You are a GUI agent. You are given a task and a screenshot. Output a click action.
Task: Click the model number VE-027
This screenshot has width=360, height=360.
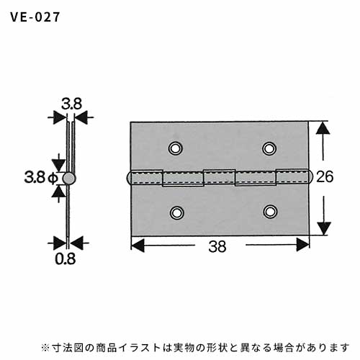[35, 17]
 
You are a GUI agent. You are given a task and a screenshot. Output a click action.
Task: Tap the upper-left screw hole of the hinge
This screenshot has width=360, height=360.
[175, 148]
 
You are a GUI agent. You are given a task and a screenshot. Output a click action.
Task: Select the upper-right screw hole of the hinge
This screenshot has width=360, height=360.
[269, 148]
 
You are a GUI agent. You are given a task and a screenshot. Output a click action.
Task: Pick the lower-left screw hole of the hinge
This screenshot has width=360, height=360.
[177, 212]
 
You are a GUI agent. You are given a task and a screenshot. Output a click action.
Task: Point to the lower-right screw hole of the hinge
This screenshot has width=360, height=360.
[270, 212]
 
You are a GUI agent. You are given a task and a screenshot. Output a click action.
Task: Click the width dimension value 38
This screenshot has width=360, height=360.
[217, 246]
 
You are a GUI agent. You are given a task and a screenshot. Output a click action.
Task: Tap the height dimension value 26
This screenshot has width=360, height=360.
[325, 176]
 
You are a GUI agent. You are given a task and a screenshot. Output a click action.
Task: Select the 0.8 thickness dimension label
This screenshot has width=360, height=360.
[65, 258]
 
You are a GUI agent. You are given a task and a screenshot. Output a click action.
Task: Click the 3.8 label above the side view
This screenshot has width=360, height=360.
[71, 104]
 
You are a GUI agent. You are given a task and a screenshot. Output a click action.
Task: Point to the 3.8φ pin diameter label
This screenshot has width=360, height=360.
[40, 178]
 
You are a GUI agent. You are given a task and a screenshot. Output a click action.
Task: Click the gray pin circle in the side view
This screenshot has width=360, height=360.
[69, 179]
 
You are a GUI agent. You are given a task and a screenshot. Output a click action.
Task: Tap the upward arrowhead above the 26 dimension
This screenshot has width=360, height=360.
[323, 128]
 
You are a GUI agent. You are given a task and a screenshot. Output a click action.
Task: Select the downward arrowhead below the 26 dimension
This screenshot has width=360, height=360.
[324, 228]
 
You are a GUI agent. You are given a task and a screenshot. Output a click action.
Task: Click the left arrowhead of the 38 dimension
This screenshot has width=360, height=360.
[138, 246]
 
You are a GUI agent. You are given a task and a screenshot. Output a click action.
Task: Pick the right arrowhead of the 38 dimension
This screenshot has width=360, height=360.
[302, 245]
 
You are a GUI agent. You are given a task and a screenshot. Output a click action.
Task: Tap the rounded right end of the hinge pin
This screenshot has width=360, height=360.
[310, 176]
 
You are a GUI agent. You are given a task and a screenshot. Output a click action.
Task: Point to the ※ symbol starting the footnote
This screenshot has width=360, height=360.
[45, 348]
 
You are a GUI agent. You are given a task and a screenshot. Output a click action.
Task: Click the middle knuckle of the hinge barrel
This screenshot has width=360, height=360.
[220, 177]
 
